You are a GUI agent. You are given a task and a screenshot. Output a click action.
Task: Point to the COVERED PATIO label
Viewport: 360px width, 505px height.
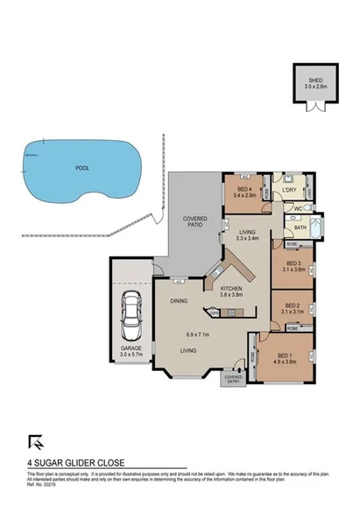click(193, 223)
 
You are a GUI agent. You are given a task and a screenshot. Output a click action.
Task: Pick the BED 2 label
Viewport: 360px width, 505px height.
click(292, 305)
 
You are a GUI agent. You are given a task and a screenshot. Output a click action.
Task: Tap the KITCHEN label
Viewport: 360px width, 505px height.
click(232, 290)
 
